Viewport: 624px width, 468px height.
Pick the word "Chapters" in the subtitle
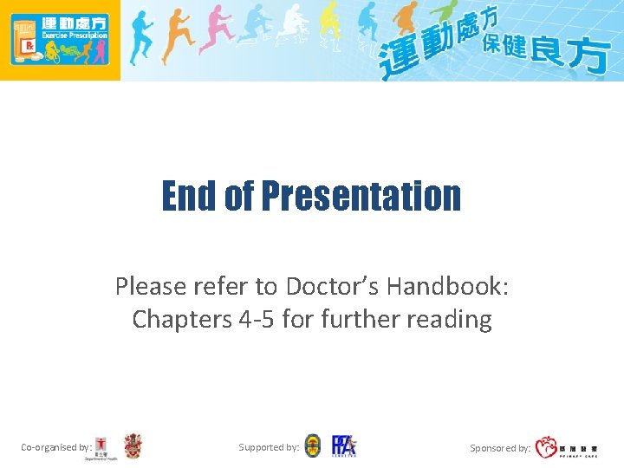(x=179, y=319)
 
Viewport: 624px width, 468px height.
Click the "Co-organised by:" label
(x=56, y=447)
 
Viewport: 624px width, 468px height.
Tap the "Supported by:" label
(x=269, y=447)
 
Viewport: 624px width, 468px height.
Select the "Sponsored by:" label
(x=500, y=448)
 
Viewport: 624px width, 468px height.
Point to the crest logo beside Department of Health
(x=133, y=446)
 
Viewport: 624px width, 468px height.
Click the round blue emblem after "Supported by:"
(x=312, y=446)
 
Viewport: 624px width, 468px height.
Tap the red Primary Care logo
(x=547, y=447)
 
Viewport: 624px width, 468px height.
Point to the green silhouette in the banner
(x=445, y=19)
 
